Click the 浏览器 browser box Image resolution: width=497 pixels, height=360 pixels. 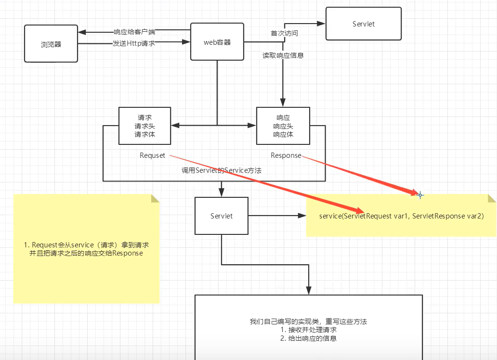coord(51,44)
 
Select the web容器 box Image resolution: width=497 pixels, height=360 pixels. coord(217,42)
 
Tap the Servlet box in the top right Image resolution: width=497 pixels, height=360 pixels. coord(364,24)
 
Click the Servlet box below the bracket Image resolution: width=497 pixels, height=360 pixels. coord(221,216)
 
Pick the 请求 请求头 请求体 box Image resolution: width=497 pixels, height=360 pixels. coord(144,126)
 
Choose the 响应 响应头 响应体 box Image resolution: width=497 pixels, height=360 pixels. coord(283,126)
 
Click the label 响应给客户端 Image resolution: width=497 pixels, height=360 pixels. coord(134,32)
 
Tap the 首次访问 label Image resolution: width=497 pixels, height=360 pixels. coord(284,34)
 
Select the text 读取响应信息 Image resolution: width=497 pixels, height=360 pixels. coord(283,55)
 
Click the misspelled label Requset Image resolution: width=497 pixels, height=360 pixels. coord(152,155)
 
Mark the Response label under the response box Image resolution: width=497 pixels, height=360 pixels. coord(286,155)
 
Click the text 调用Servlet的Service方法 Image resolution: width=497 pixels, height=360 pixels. coord(222,170)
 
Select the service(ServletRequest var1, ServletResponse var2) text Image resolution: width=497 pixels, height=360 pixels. coord(401,216)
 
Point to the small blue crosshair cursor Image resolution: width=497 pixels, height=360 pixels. coord(420,195)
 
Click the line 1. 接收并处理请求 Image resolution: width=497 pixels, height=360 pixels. coord(308,330)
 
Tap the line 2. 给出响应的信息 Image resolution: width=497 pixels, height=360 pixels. coord(308,338)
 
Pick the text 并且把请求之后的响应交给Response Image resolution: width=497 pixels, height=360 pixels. coord(86,253)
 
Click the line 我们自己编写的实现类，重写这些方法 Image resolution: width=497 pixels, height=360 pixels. coord(308,321)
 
